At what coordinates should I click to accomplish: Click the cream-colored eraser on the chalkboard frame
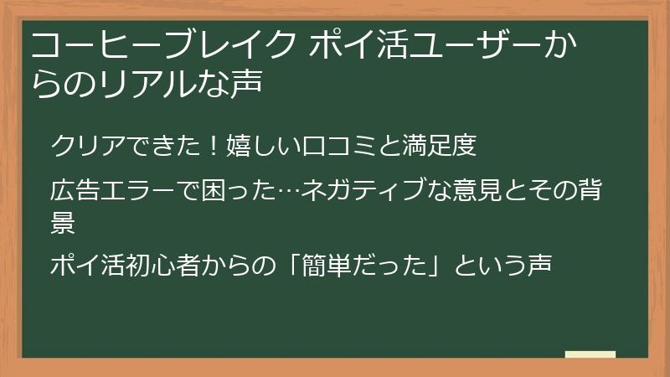[x=590, y=354]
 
